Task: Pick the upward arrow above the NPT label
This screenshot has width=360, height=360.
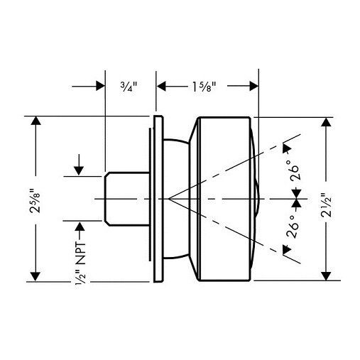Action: click(x=79, y=227)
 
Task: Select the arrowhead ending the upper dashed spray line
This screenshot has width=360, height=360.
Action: click(x=286, y=147)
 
